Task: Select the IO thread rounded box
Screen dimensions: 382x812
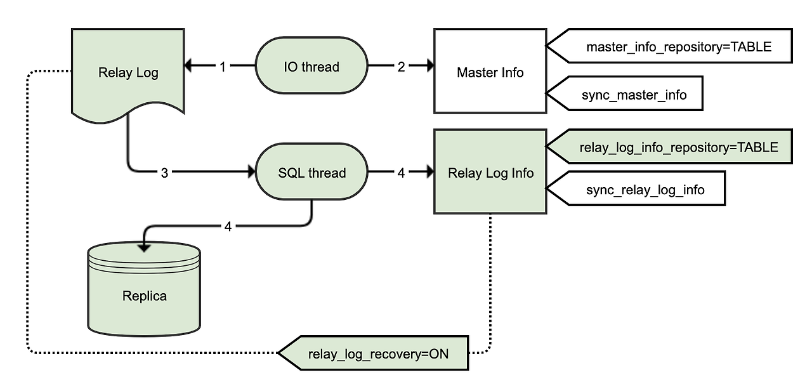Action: pyautogui.click(x=311, y=67)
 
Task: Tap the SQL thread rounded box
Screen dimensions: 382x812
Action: pyautogui.click(x=311, y=173)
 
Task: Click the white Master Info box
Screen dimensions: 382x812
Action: pyautogui.click(x=490, y=72)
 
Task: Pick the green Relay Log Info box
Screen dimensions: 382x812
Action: pyautogui.click(x=490, y=173)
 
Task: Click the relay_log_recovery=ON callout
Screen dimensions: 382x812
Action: pyautogui.click(x=378, y=353)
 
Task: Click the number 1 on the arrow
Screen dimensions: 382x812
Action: pyautogui.click(x=223, y=67)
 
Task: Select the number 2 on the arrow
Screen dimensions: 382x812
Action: pyautogui.click(x=401, y=67)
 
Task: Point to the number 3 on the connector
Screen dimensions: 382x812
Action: pyautogui.click(x=164, y=173)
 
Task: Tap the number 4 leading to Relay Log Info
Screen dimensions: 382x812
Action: pyautogui.click(x=401, y=173)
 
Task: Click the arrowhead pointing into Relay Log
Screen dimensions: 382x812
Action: pyautogui.click(x=189, y=65)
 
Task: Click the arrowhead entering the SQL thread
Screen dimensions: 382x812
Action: pyautogui.click(x=250, y=172)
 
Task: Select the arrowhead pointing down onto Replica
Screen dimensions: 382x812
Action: pyautogui.click(x=145, y=244)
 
